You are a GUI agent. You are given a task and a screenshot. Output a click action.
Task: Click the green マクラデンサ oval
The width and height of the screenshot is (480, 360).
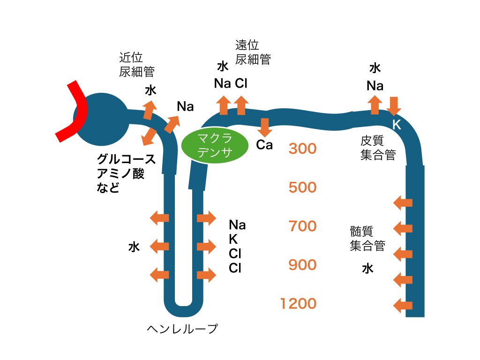[x=214, y=146]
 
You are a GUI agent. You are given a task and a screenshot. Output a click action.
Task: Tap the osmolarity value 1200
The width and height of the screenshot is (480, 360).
[x=298, y=304]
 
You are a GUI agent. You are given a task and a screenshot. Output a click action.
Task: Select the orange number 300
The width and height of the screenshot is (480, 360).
[x=302, y=149]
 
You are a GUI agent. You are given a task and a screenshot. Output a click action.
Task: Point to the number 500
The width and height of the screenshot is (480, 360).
[x=302, y=187]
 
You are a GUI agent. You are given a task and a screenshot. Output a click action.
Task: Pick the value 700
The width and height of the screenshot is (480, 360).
[x=302, y=226]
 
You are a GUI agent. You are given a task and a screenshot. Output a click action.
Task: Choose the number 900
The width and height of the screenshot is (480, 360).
[x=302, y=265]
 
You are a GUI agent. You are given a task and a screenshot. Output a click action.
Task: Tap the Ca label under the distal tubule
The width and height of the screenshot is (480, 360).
[x=264, y=145]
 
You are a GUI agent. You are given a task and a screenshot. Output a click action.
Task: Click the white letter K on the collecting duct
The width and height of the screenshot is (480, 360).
[x=397, y=125]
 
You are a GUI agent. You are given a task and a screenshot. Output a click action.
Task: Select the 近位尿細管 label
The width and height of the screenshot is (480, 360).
[x=136, y=65]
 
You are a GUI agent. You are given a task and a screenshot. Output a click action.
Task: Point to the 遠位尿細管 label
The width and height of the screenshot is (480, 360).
[x=253, y=52]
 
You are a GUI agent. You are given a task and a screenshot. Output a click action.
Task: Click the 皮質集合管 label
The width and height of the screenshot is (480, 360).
[x=378, y=148]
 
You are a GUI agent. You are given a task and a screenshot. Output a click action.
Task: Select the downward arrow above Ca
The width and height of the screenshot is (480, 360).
[x=265, y=127]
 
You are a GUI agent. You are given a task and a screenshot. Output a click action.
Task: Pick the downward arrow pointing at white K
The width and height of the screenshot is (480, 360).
[x=394, y=106]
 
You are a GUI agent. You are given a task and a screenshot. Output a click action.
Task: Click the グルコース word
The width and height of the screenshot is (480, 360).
[x=126, y=159]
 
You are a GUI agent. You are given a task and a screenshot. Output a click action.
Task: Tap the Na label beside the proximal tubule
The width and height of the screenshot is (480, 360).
[x=185, y=106]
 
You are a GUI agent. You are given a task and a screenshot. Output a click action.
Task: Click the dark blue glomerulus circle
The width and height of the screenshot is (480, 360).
[x=101, y=120]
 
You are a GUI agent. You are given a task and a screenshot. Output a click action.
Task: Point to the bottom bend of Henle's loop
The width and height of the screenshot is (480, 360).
[x=183, y=310]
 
